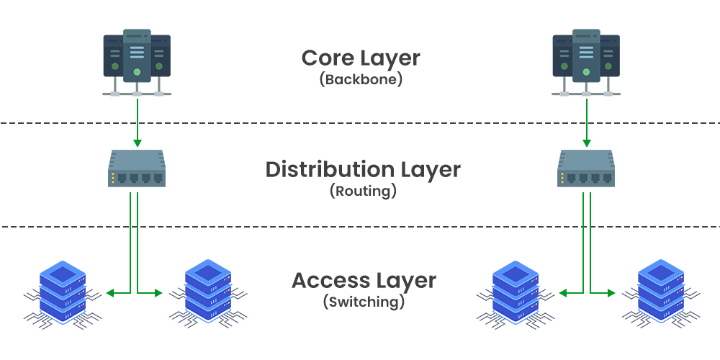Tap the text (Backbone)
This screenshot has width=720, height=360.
(360, 79)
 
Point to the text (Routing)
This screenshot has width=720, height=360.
(363, 192)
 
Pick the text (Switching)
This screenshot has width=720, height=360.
(363, 301)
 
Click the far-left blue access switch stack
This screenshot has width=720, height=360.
(60, 291)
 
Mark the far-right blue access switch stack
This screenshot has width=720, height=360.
(660, 291)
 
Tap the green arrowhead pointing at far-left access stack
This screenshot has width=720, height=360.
(109, 292)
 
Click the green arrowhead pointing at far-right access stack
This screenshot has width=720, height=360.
(611, 292)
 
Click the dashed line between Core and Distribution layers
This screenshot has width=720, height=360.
(360, 123)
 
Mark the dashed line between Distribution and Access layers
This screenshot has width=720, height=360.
(360, 228)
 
